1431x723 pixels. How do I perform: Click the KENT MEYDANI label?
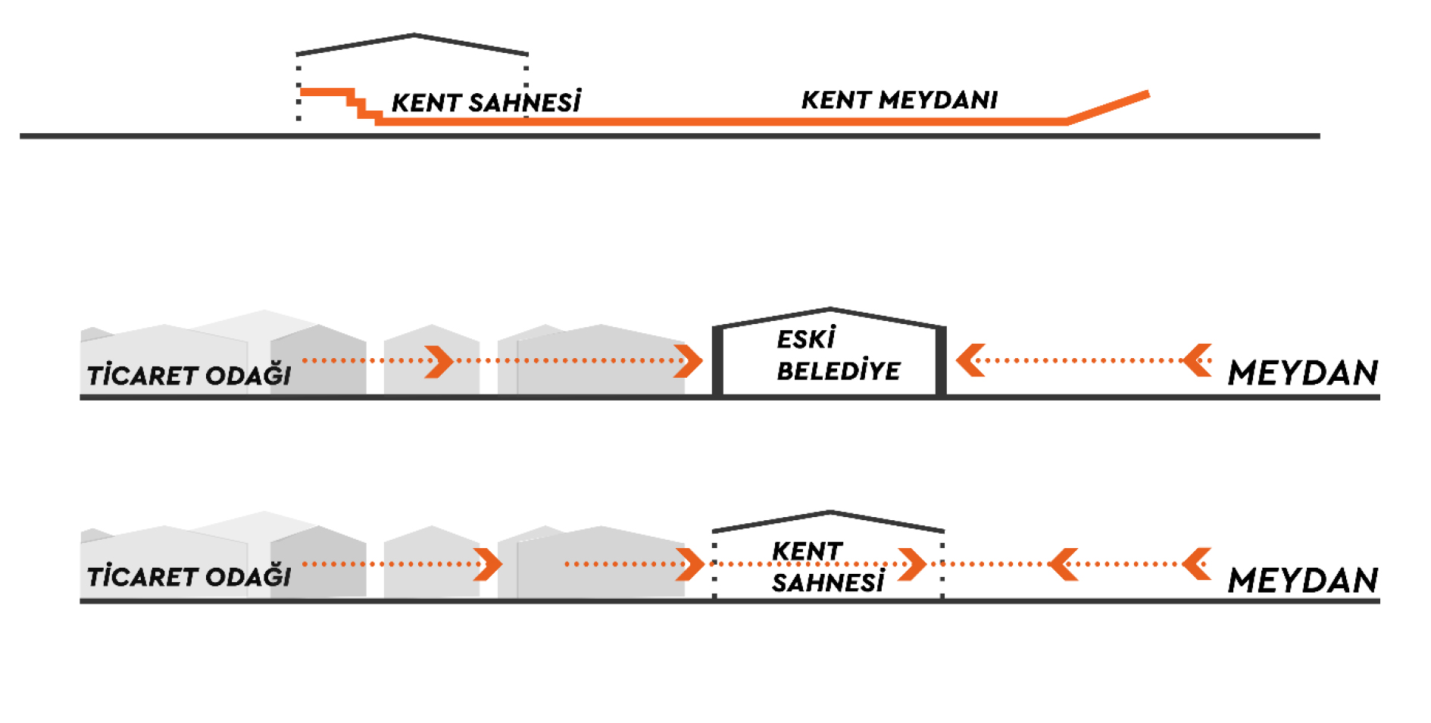coord(899,100)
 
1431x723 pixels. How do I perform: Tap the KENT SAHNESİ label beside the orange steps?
coord(486,102)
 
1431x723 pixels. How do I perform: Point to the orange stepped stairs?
coord(341,105)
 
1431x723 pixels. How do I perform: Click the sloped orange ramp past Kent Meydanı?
coord(1108,107)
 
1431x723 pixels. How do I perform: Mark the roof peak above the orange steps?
coord(414,35)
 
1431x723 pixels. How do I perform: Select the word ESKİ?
coord(806,338)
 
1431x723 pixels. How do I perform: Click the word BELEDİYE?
coord(839,371)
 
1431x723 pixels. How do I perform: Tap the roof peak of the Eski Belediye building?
coord(830,309)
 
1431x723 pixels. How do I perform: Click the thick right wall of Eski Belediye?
coord(941,360)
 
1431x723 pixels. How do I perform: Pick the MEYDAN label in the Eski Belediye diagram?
coord(1303,373)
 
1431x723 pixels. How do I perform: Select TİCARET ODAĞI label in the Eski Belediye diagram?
coord(189,375)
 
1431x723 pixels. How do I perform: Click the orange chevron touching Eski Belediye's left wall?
coord(689,361)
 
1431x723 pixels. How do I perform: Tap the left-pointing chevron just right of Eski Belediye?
coord(970,360)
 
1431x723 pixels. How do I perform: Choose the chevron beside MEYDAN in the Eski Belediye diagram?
coord(1197,360)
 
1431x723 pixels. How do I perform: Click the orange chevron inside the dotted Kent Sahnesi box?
coord(912,565)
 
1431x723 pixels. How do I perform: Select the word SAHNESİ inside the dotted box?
coord(828,583)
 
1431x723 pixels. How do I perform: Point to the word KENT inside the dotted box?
coord(808,551)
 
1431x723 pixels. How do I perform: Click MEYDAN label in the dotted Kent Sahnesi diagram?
coord(1303,581)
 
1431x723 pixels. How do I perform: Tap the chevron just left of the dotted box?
coord(690,565)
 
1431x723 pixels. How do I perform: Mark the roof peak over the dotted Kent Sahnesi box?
coord(830,513)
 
